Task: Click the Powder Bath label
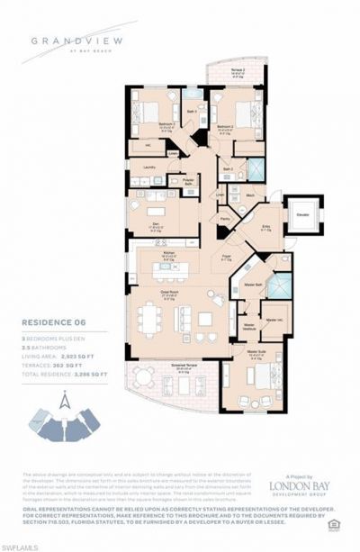point(187,183)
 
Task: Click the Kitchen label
point(168,254)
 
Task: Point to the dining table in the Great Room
point(150,317)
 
